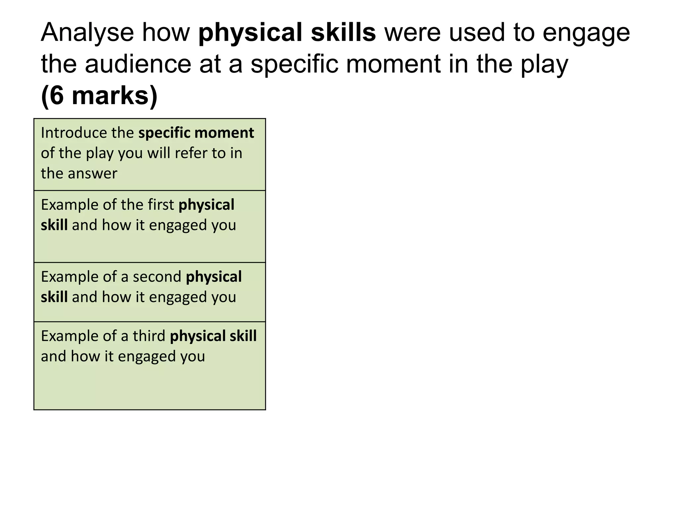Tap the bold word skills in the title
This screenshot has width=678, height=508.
pos(343,33)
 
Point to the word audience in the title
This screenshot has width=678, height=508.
pos(138,64)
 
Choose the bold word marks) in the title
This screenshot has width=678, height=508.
pos(115,96)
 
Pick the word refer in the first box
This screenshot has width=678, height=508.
pos(188,153)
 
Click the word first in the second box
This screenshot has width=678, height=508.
pos(161,205)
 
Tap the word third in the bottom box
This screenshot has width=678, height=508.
pos(149,336)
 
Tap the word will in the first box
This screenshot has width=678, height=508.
pos(159,153)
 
